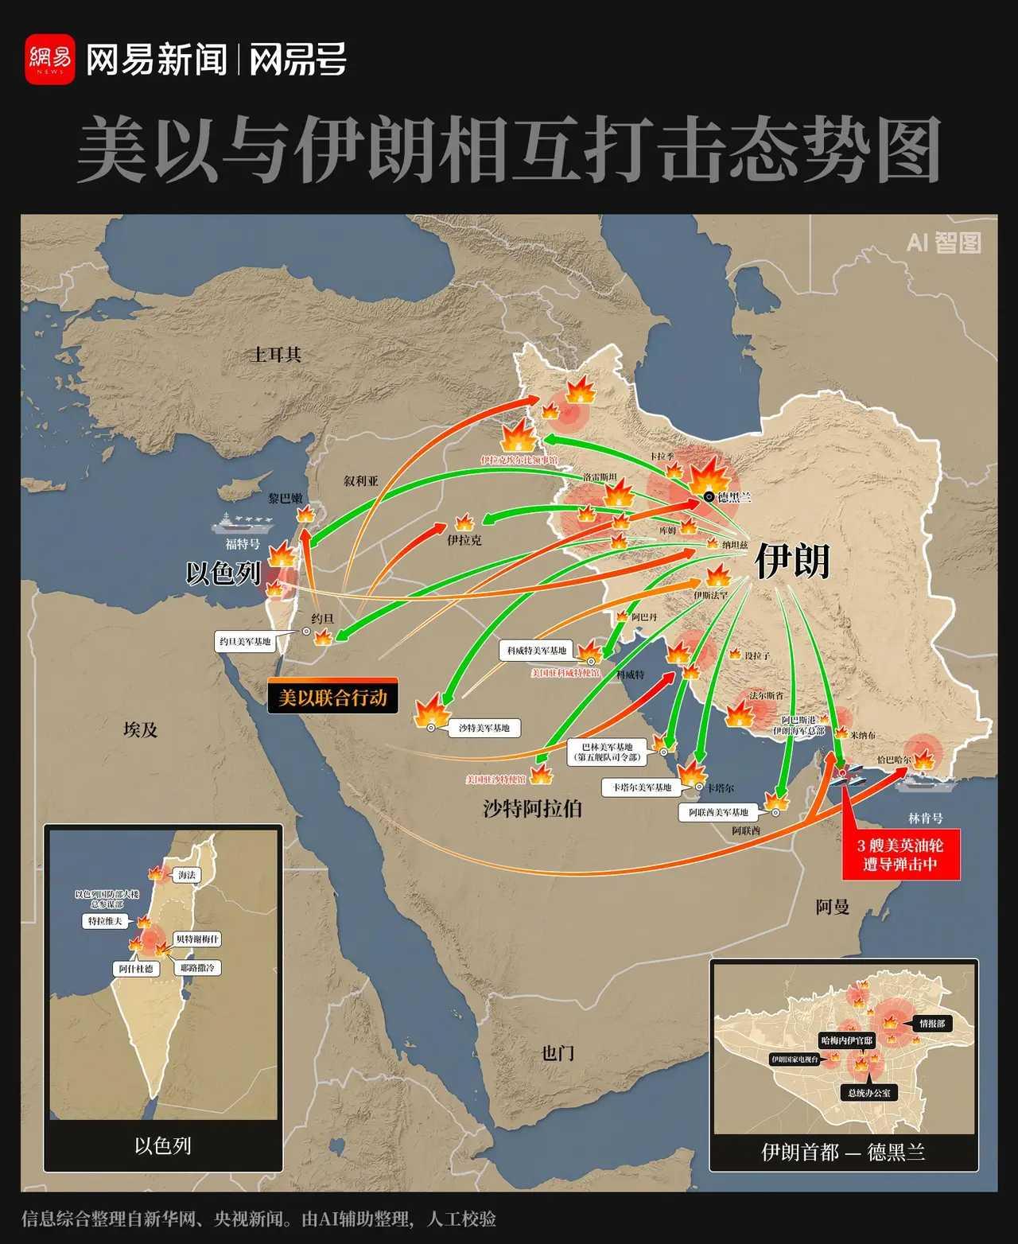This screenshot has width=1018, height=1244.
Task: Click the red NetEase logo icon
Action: pyautogui.click(x=49, y=59)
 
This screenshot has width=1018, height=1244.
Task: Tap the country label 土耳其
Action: pyautogui.click(x=277, y=355)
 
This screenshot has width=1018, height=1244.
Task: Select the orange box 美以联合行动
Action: pyautogui.click(x=332, y=698)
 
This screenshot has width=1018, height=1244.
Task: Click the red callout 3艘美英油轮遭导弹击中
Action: pyautogui.click(x=900, y=855)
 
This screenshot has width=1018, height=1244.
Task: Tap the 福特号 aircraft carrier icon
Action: pyautogui.click(x=243, y=523)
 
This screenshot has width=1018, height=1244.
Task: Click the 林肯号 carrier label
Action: pyautogui.click(x=926, y=818)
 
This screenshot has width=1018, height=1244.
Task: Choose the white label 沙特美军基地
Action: pyautogui.click(x=484, y=727)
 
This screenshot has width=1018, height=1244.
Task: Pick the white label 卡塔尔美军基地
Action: pyautogui.click(x=642, y=787)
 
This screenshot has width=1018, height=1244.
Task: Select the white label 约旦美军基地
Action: pyautogui.click(x=245, y=641)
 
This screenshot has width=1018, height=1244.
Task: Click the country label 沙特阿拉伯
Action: pyautogui.click(x=532, y=809)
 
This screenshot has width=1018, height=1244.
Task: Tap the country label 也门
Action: pyautogui.click(x=558, y=1053)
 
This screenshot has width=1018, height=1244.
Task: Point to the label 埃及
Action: pyautogui.click(x=141, y=729)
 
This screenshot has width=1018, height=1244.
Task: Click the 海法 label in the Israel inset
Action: pyautogui.click(x=186, y=875)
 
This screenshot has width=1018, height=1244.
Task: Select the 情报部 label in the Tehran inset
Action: pyautogui.click(x=931, y=1024)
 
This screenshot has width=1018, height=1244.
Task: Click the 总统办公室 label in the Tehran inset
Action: pyautogui.click(x=868, y=1093)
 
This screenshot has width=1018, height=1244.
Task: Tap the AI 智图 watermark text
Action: pyautogui.click(x=943, y=243)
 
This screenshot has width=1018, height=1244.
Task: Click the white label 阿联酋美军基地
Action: pyautogui.click(x=719, y=812)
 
